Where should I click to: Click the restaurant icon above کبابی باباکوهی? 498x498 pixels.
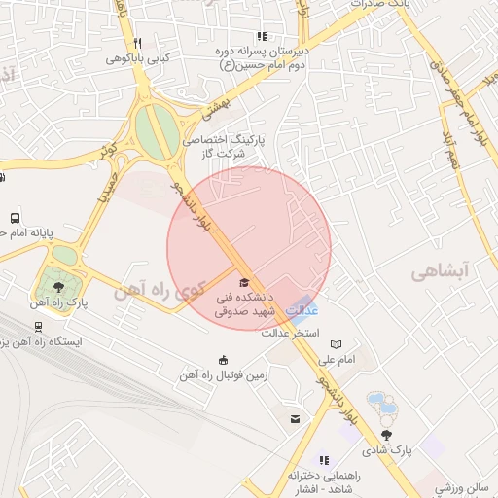[x=138, y=43]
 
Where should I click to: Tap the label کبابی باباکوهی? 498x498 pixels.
[x=139, y=57]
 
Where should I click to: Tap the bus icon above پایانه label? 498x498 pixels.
[x=15, y=218]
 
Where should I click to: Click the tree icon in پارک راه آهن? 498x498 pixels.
[x=59, y=287]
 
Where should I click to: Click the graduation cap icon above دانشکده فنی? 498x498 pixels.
[x=243, y=282]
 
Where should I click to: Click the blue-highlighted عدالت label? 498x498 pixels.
[x=304, y=310]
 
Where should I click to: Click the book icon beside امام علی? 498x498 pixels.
[x=337, y=344]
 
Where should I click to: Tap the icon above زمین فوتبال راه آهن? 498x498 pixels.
[x=225, y=359]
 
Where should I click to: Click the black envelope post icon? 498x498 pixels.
[x=294, y=419]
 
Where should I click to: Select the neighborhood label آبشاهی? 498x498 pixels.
[x=440, y=270]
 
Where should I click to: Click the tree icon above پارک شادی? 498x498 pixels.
[x=388, y=435]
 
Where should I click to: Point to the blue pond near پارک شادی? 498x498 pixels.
[x=377, y=403]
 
